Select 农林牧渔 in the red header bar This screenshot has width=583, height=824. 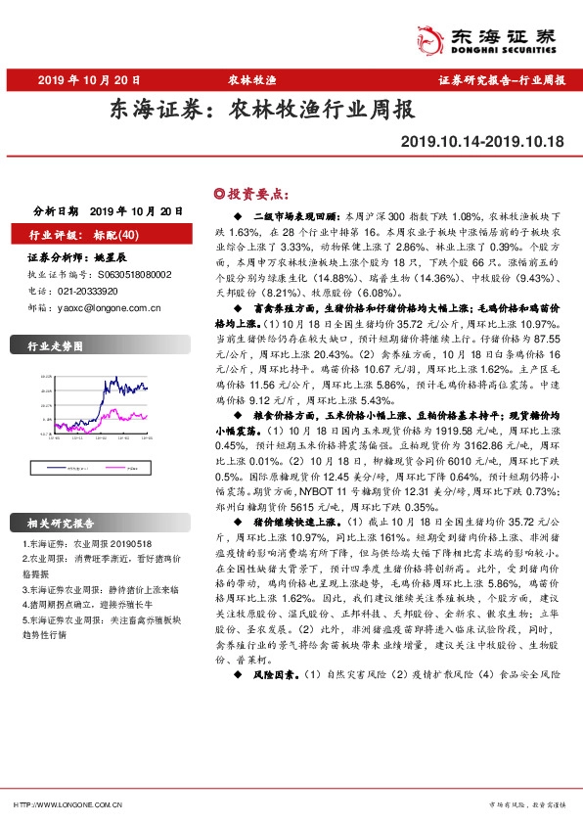pos(251,80)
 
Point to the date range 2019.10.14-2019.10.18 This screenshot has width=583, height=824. pos(482,142)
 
